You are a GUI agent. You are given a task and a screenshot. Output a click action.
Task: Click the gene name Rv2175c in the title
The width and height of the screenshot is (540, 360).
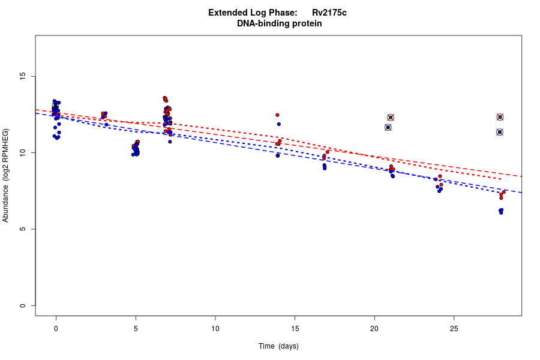click(x=329, y=13)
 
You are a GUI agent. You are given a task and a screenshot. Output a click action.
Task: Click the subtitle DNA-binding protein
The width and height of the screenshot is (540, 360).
click(x=279, y=23)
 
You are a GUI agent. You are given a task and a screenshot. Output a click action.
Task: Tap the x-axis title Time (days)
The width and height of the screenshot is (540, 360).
click(x=278, y=346)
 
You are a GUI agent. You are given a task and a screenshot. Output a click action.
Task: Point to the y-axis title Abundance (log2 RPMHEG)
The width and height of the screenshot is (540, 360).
click(x=6, y=175)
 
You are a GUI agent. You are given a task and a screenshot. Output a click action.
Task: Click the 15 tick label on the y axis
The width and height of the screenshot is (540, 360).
click(x=23, y=76)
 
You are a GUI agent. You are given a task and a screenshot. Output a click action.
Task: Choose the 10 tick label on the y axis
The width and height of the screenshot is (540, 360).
click(x=23, y=153)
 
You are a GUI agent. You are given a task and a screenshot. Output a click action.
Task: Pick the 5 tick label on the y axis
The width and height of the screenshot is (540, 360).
click(x=23, y=229)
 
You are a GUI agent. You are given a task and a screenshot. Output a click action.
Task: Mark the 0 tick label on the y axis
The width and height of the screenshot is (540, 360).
click(x=23, y=305)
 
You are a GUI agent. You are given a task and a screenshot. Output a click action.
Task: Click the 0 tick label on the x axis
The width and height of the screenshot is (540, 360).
click(x=56, y=328)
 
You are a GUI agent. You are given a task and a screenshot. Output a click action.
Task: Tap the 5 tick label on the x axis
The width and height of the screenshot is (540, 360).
click(x=136, y=328)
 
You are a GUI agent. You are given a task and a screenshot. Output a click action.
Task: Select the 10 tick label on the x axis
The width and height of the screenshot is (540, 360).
click(x=215, y=328)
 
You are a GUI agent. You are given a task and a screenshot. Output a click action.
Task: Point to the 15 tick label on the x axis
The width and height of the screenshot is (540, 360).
click(x=295, y=328)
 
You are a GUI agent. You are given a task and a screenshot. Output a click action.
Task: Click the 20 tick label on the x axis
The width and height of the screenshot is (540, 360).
click(x=374, y=328)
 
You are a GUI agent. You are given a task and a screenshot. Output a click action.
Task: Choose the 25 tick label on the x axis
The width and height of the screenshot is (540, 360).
click(x=454, y=328)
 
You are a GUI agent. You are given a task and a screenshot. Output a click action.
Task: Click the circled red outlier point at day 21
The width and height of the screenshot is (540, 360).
click(x=391, y=118)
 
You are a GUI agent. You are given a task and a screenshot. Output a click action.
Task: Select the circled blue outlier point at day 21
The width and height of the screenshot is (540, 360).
click(x=388, y=127)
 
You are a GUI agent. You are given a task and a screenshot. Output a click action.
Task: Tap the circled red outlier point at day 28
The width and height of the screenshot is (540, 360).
click(x=500, y=117)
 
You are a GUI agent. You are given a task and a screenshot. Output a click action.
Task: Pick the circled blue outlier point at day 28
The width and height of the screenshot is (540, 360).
click(x=500, y=132)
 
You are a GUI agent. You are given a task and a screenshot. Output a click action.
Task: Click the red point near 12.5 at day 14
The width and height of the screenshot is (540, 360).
click(x=277, y=115)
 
